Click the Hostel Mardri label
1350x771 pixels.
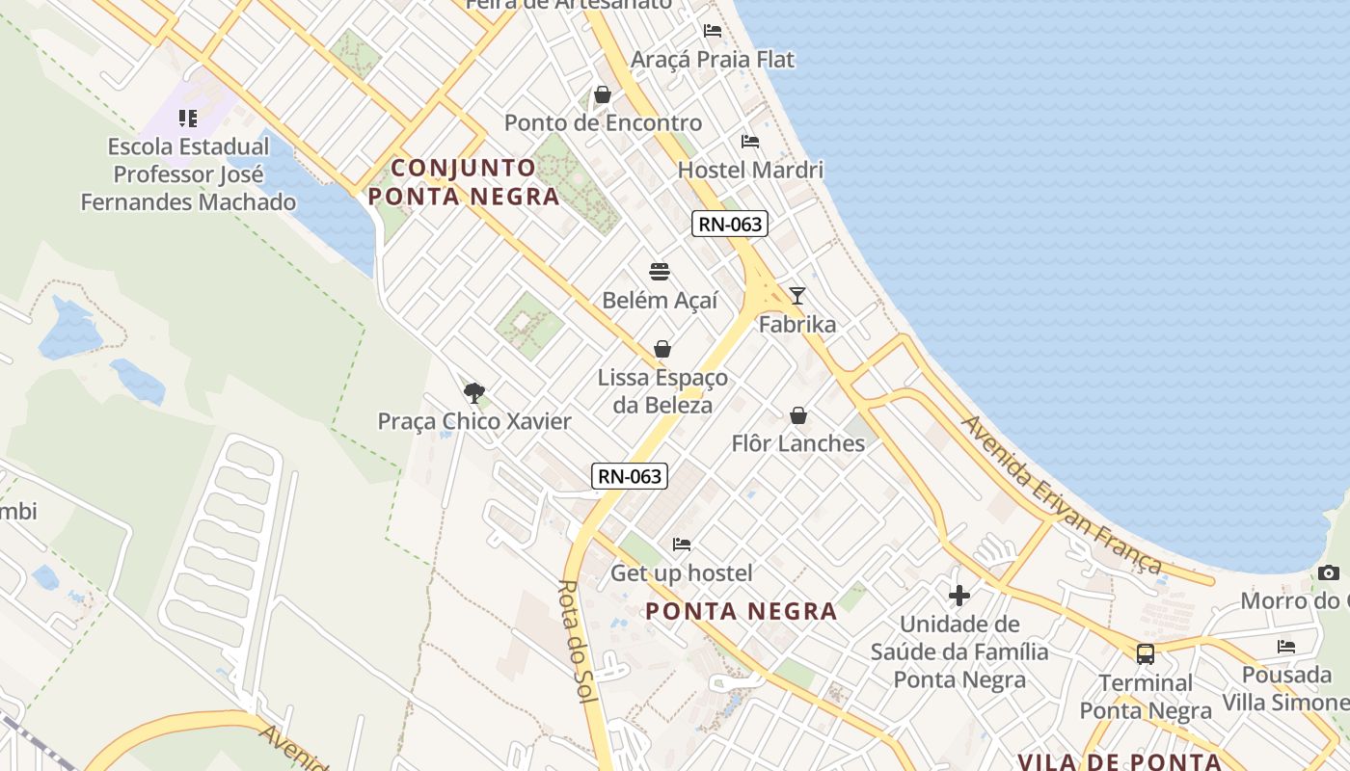pyautogui.click(x=750, y=171)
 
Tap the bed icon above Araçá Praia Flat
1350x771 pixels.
pyautogui.click(x=713, y=31)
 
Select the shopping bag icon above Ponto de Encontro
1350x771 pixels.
pyautogui.click(x=603, y=94)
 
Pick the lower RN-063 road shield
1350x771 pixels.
pyautogui.click(x=630, y=475)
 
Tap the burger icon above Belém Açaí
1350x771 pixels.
pyautogui.click(x=660, y=271)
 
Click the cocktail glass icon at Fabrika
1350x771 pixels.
pyautogui.click(x=796, y=296)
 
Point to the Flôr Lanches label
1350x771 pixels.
pyautogui.click(x=797, y=443)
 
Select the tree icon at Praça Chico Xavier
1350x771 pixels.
pyautogui.click(x=473, y=392)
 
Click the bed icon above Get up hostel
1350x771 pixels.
pyautogui.click(x=682, y=545)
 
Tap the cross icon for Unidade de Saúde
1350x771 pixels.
pyautogui.click(x=958, y=595)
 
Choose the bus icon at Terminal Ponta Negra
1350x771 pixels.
pyautogui.click(x=1146, y=654)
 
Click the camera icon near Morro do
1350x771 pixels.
pyautogui.click(x=1328, y=573)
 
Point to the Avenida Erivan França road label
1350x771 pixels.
pyautogui.click(x=1060, y=495)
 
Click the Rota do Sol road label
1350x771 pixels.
pyautogui.click(x=579, y=641)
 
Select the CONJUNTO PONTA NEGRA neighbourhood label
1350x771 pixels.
pyautogui.click(x=463, y=182)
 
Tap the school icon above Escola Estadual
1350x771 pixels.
pyautogui.click(x=188, y=119)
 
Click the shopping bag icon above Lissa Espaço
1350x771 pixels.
pyautogui.click(x=662, y=349)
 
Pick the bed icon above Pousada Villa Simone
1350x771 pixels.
pyautogui.click(x=1285, y=647)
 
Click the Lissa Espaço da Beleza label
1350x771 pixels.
pyautogui.click(x=662, y=391)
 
